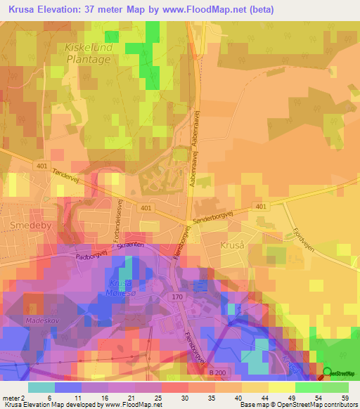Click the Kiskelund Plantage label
[x=88, y=53]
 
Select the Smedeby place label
[x=27, y=226]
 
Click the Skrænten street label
[x=132, y=245]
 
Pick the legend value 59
[x=345, y=398]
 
